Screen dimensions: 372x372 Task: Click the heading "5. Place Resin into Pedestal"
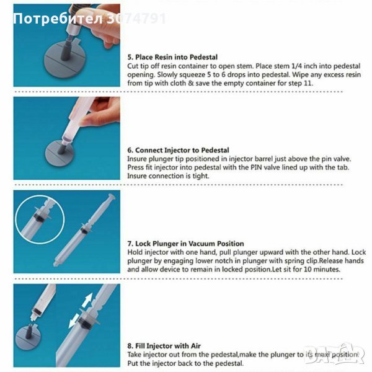click(x=172, y=57)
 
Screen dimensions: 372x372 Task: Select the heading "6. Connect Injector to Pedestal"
click(x=178, y=150)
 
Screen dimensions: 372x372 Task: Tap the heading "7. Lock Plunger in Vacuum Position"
click(x=185, y=244)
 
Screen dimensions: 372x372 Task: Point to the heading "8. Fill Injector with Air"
click(x=164, y=346)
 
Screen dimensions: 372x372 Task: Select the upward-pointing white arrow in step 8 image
click(x=87, y=300)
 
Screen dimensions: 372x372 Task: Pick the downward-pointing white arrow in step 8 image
click(x=74, y=321)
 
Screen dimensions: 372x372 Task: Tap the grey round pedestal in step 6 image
click(x=60, y=153)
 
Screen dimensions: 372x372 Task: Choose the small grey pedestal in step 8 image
click(x=28, y=337)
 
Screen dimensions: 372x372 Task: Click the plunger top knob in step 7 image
click(x=112, y=197)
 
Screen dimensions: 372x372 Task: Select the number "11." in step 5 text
click(x=308, y=83)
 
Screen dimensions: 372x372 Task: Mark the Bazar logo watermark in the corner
click(x=335, y=353)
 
